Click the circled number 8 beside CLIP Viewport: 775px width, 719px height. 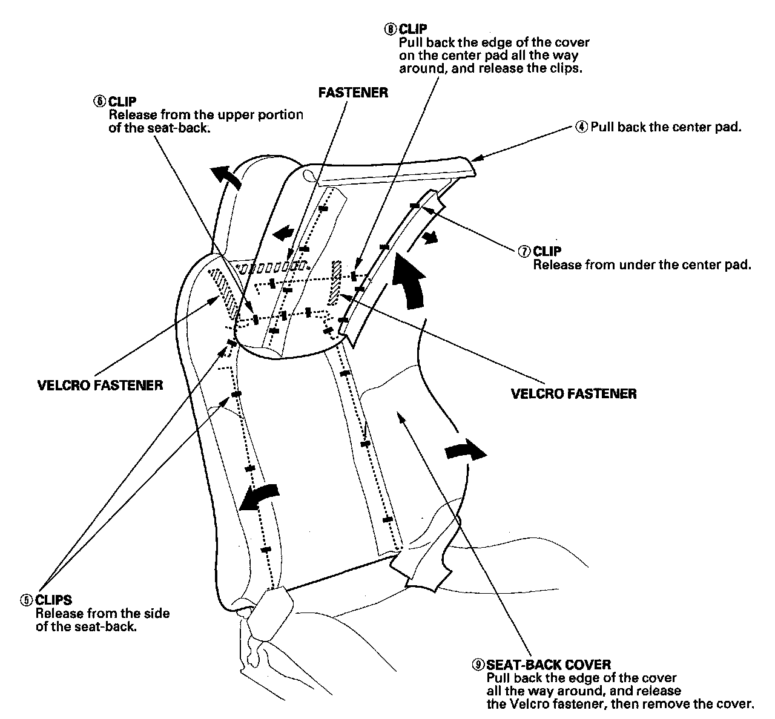391,28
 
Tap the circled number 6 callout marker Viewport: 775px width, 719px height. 99,101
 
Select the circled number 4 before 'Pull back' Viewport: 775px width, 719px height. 581,127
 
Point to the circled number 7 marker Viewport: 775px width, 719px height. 524,251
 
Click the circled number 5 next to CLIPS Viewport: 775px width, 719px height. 27,600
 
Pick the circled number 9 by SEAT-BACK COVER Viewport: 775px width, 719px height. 478,665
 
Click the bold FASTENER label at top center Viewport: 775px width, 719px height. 353,93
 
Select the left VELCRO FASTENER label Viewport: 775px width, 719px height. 100,385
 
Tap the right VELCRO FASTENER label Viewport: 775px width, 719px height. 573,394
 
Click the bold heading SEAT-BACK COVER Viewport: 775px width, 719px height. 549,665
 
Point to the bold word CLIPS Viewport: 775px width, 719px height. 54,600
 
